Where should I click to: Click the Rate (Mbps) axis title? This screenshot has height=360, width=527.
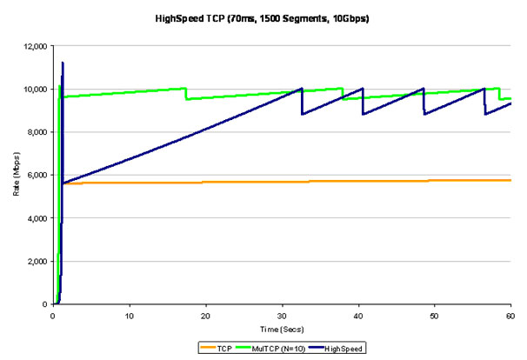[x=15, y=175]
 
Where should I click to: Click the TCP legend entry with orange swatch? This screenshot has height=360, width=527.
[x=212, y=347]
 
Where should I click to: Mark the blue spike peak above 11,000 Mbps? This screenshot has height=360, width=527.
[x=63, y=63]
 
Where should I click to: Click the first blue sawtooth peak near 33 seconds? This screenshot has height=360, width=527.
[x=301, y=89]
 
